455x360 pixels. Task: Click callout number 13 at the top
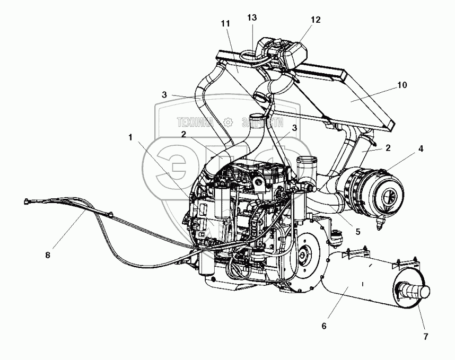(x=252, y=17)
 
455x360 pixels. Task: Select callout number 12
(x=316, y=20)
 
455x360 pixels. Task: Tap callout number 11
(x=226, y=24)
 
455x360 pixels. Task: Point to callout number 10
(x=402, y=85)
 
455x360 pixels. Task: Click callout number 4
(x=421, y=149)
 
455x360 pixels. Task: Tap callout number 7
(x=425, y=336)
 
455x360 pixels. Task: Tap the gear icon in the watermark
(x=228, y=122)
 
